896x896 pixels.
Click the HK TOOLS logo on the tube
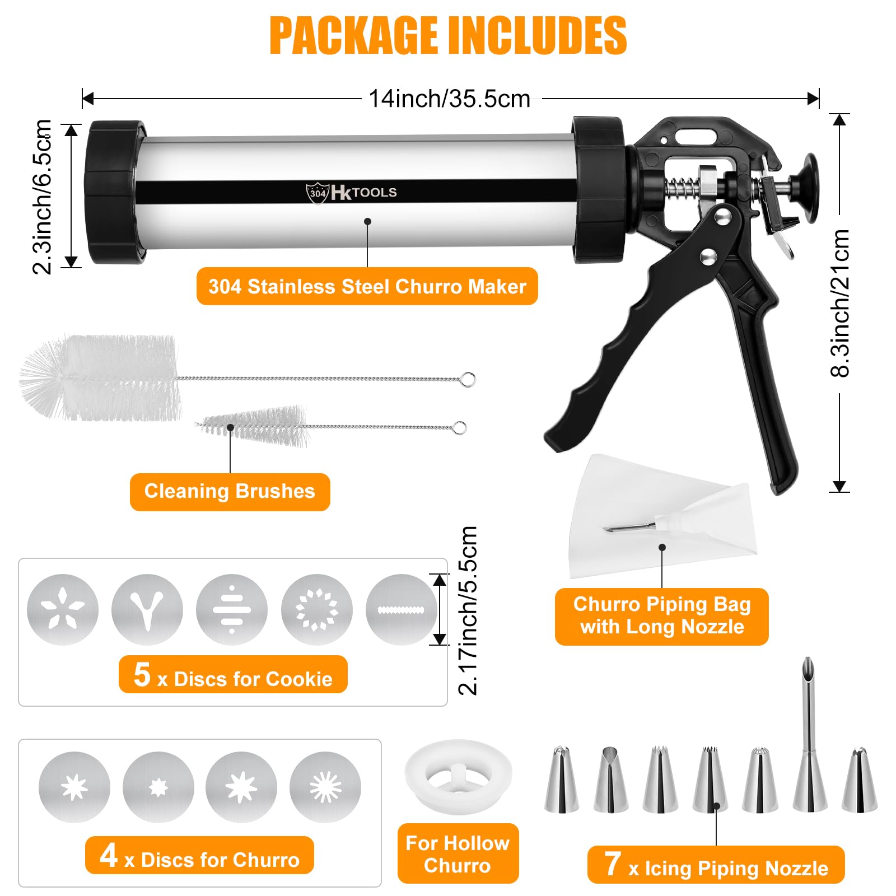(351, 193)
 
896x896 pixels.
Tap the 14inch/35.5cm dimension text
(450, 99)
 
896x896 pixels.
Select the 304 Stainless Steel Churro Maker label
(367, 286)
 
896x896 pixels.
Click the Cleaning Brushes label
(230, 492)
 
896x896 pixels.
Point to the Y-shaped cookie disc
(147, 609)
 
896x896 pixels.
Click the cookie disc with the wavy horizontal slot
(402, 609)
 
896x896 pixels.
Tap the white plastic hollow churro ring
(458, 776)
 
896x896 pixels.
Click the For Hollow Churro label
(458, 853)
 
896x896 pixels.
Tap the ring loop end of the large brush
(468, 380)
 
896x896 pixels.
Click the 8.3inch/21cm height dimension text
(840, 303)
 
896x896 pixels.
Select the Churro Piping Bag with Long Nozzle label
(661, 616)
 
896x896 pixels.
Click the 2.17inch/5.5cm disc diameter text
(468, 610)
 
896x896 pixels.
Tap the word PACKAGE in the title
(353, 35)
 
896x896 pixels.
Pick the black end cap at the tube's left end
(114, 192)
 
